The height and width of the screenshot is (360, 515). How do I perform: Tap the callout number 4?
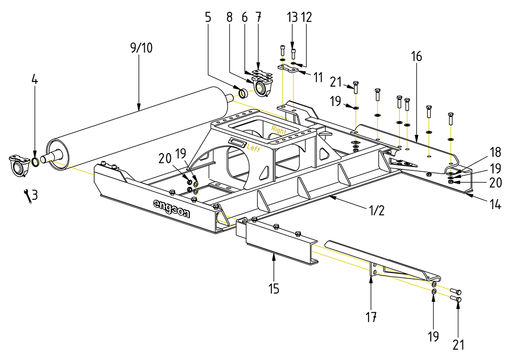pos(34,79)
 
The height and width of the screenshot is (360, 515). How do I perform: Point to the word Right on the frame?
pos(278,131)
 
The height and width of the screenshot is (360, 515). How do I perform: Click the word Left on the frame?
pos(253,148)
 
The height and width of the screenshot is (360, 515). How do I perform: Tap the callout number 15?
pos(274,289)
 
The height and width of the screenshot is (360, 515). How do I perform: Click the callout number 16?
pos(417,57)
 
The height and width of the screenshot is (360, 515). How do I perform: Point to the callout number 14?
pos(495,205)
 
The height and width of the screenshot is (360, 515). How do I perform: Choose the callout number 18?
pos(496,152)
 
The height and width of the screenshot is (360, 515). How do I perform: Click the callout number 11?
pos(318,77)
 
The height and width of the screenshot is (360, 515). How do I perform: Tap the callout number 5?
pos(208,17)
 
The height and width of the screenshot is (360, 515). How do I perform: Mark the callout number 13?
pos(292,17)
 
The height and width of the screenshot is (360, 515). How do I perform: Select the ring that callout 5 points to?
pos(243,93)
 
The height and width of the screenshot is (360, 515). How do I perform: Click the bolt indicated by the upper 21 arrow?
pos(356,87)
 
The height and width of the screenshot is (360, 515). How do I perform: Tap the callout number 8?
pos(229,17)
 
